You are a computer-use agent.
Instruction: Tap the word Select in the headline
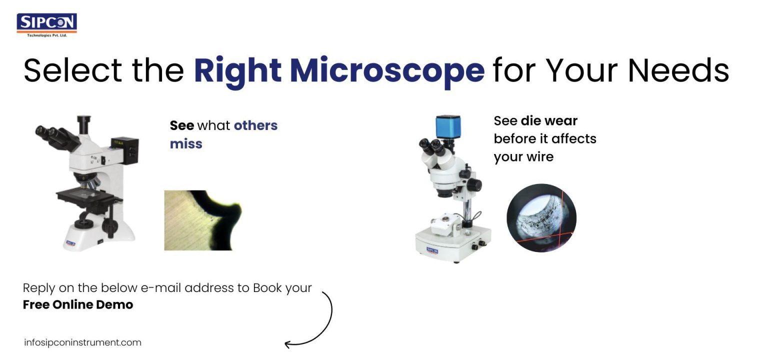(73, 70)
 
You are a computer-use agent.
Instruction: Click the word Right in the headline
(237, 70)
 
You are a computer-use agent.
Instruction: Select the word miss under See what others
(186, 144)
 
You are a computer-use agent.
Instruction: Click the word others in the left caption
(255, 125)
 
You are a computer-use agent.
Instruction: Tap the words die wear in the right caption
(549, 120)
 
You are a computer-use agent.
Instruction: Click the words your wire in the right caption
(523, 156)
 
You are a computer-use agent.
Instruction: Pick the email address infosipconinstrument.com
(82, 343)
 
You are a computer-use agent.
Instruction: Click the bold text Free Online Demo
(78, 304)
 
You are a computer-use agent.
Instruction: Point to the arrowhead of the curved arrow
(288, 344)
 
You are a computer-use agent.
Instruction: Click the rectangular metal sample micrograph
(202, 220)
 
